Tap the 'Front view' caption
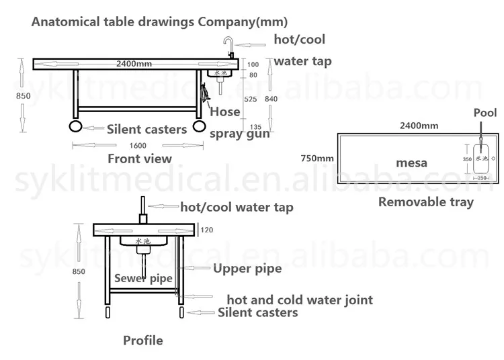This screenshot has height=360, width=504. coord(140,159)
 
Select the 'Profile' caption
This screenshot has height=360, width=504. coord(142,341)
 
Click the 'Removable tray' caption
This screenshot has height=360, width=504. coord(425,201)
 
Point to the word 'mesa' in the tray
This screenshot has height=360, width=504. coord(411,163)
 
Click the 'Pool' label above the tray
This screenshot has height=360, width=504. coord(485,113)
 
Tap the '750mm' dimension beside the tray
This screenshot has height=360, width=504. coord(317,159)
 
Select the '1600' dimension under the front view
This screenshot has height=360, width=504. coord(137,146)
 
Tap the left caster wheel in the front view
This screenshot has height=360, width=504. coord(76,126)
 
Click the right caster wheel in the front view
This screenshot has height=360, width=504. coord(198,126)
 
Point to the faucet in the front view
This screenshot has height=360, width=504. coord(228,47)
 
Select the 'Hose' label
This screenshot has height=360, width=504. coord(224,111)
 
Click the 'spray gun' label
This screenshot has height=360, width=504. coord(240,133)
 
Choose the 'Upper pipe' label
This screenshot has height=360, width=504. coord(247,269)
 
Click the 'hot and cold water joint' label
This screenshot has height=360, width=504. coord(299,300)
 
